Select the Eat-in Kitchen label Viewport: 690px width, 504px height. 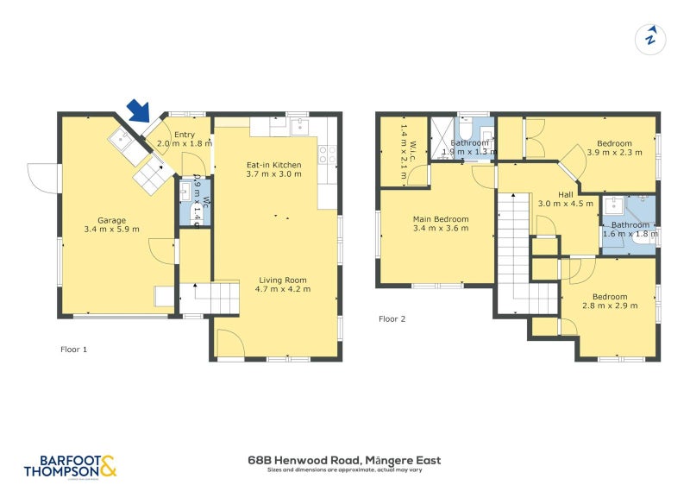click(273, 168)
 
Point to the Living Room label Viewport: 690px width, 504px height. click(283, 284)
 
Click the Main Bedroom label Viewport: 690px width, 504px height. click(441, 224)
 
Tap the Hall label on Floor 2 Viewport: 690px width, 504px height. click(565, 195)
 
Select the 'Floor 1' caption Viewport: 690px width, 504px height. click(73, 350)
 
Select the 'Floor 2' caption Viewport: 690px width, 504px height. click(392, 318)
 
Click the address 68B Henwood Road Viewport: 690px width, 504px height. click(344, 460)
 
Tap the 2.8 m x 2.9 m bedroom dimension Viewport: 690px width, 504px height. click(610, 306)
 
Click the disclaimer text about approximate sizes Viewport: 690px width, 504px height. click(344, 470)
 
